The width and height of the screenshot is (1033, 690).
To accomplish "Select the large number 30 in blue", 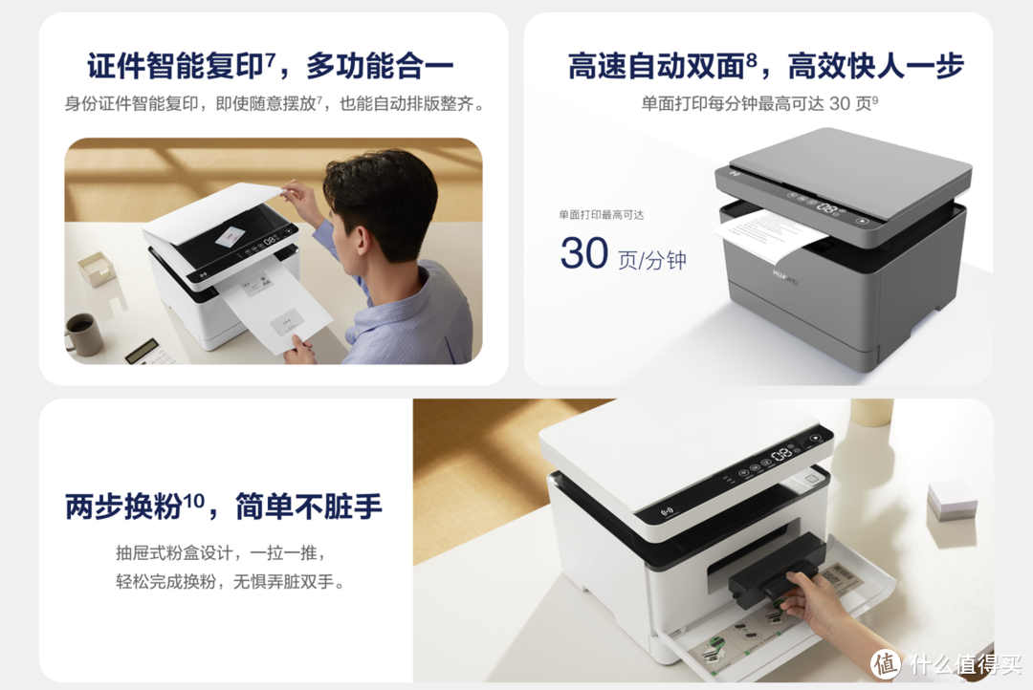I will (x=584, y=253).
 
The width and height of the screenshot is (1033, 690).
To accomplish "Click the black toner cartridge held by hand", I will (x=775, y=576).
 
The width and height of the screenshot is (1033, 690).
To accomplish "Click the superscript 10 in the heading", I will (x=193, y=498).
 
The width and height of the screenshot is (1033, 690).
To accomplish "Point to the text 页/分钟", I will (x=652, y=259).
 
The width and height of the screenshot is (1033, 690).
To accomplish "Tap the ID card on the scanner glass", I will (x=230, y=235).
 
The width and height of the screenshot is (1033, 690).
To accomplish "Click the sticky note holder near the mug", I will (x=96, y=269).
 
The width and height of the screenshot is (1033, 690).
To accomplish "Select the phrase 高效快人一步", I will (x=875, y=67).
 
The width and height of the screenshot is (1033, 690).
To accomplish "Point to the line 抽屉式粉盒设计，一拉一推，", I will (x=221, y=553).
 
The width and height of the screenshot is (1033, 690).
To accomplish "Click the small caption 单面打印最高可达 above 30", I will (x=602, y=215).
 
